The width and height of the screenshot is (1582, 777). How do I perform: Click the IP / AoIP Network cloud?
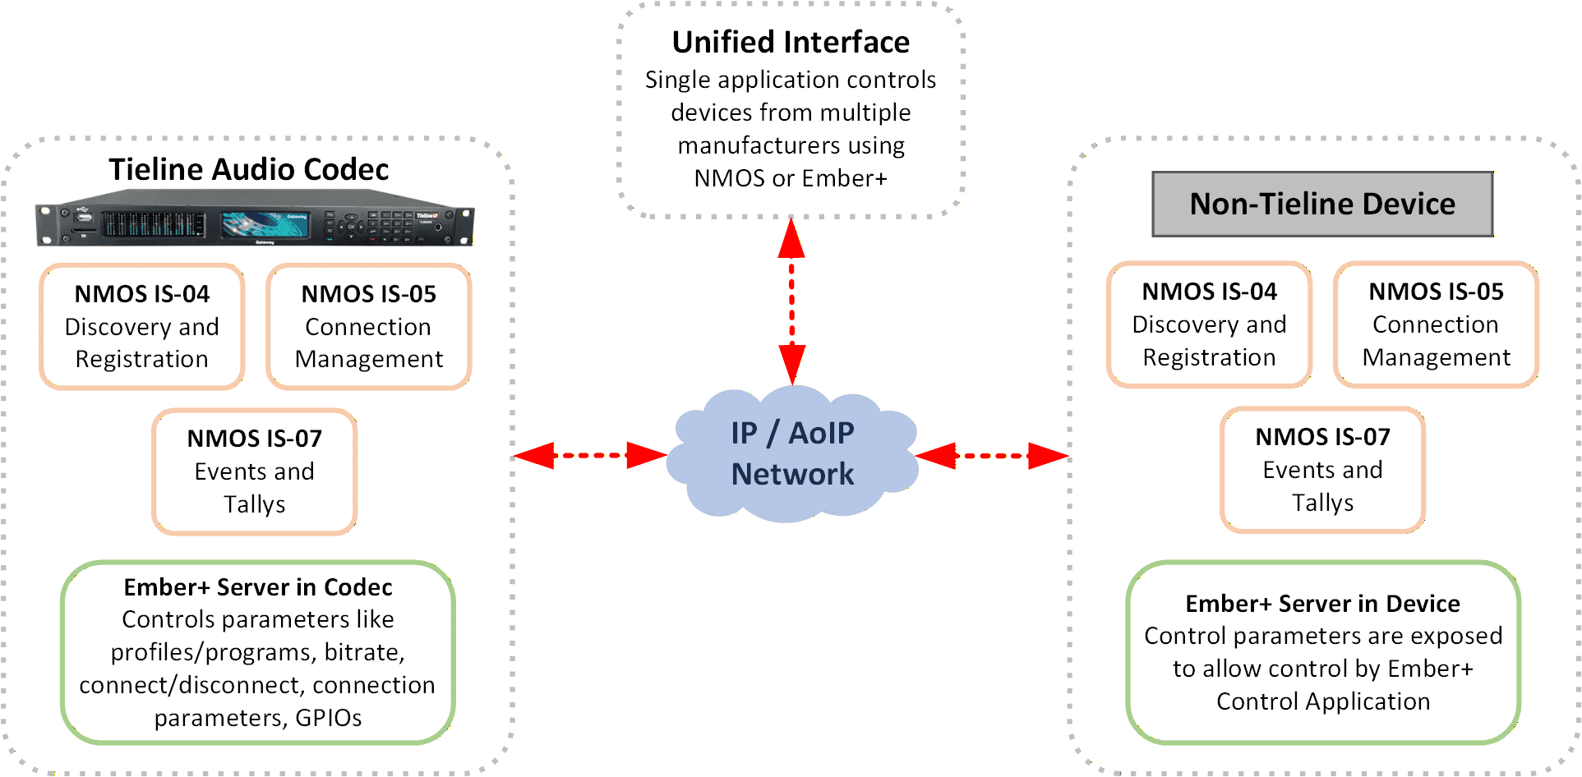click(x=791, y=454)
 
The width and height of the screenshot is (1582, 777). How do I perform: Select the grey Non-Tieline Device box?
click(x=1321, y=204)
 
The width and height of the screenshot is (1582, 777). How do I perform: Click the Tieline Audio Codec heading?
click(x=248, y=169)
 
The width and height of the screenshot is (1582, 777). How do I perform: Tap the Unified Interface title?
click(x=791, y=42)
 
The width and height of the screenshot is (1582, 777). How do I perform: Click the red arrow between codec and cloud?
click(x=589, y=454)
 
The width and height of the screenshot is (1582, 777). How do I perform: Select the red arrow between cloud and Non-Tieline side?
click(x=991, y=455)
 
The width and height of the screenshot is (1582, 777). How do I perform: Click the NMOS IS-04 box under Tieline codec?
click(x=142, y=326)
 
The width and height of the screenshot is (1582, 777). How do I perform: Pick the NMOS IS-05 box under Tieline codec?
click(x=369, y=326)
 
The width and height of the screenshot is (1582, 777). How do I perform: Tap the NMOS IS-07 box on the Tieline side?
click(x=255, y=471)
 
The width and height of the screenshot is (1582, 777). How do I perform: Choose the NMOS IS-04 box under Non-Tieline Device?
click(x=1209, y=324)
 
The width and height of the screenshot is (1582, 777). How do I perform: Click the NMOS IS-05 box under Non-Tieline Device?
click(x=1436, y=324)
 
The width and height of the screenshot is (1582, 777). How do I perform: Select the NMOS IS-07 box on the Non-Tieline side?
click(x=1322, y=469)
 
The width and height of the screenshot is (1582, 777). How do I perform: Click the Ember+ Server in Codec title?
click(x=257, y=587)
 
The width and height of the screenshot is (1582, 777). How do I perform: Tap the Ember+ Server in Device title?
click(x=1322, y=604)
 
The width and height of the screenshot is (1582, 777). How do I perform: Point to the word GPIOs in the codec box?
click(x=328, y=718)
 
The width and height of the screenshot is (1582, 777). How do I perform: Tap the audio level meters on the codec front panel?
click(x=153, y=223)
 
